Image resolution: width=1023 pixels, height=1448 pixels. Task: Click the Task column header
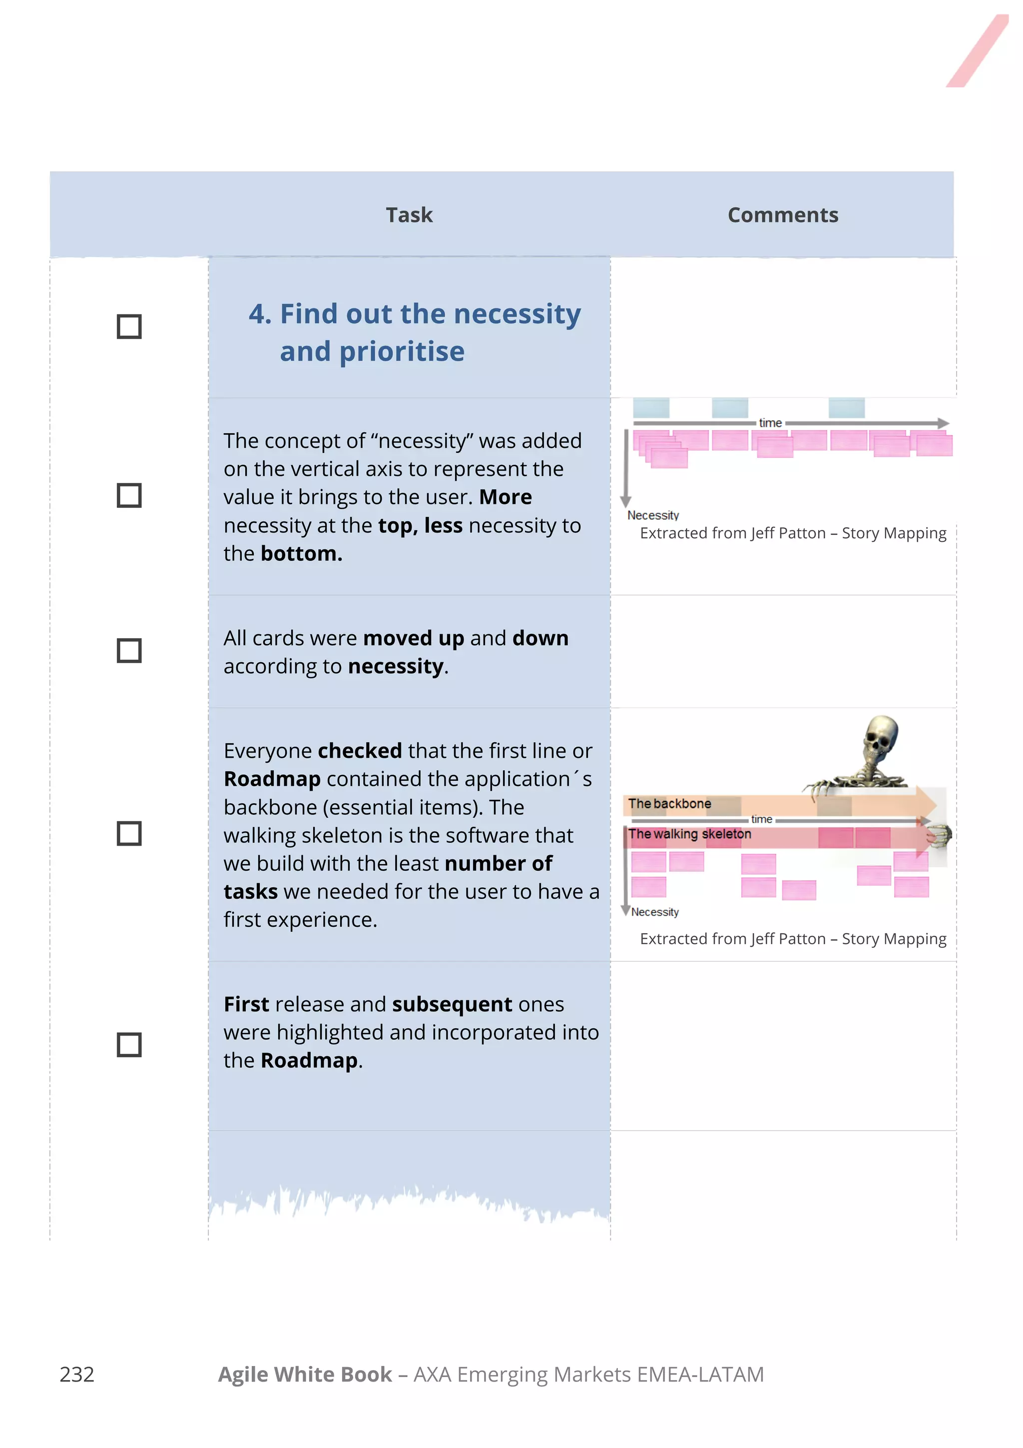point(409,215)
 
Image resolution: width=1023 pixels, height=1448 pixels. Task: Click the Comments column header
point(782,215)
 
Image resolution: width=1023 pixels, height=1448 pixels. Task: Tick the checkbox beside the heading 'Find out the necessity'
point(129,327)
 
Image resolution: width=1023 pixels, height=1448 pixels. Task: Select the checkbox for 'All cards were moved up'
point(129,650)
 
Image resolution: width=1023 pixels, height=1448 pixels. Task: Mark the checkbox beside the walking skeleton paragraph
point(129,833)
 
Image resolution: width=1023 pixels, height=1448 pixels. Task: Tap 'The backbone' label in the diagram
point(669,803)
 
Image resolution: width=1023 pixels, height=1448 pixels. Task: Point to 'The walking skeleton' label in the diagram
point(689,834)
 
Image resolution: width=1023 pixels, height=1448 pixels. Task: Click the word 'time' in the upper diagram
point(770,422)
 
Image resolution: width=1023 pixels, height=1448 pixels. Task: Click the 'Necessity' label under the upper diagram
point(652,515)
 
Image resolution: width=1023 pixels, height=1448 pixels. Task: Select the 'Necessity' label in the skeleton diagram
point(654,912)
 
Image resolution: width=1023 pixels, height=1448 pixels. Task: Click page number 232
point(77,1374)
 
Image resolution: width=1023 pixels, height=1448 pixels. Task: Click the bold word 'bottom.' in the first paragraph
point(301,553)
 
